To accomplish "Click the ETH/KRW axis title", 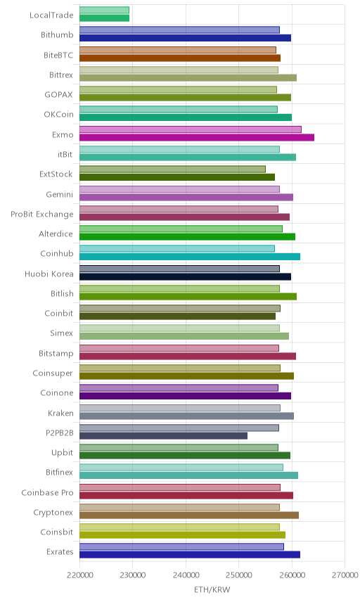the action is click(212, 589).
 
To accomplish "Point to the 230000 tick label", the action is click(132, 575).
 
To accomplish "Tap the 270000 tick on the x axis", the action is click(345, 575).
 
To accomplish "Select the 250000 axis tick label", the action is click(239, 575).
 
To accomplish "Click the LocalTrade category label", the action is click(51, 15).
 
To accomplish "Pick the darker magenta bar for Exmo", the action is click(197, 137).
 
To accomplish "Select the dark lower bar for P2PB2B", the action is click(164, 436).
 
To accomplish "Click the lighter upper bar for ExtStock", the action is click(173, 169).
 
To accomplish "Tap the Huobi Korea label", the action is click(49, 274).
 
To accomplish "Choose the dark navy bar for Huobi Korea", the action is click(186, 276).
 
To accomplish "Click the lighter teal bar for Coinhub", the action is click(177, 248).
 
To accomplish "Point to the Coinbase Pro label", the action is click(47, 492).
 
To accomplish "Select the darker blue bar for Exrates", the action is click(190, 554).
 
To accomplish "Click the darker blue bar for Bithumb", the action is click(186, 38).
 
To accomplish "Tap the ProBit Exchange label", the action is click(41, 214).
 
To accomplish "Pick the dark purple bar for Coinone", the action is click(186, 396).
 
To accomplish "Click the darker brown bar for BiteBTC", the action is click(180, 58).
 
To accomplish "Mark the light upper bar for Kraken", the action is click(180, 408).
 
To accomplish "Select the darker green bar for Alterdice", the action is click(188, 236).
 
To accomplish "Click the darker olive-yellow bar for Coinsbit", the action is click(183, 534).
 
